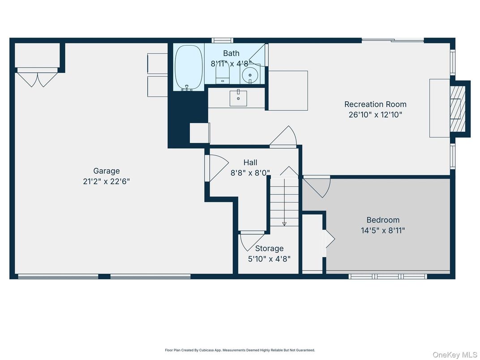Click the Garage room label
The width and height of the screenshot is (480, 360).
[107, 171]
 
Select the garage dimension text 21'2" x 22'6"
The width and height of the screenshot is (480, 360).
[107, 181]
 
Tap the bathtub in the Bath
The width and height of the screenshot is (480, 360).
[188, 67]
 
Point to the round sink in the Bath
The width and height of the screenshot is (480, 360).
[251, 74]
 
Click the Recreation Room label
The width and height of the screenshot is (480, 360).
[375, 104]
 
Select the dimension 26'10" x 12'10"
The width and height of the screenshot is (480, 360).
[375, 115]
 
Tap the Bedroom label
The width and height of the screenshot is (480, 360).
[383, 220]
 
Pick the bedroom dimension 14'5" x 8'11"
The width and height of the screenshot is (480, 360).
[383, 231]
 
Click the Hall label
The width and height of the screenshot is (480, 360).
[250, 162]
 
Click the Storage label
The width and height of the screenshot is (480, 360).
[269, 248]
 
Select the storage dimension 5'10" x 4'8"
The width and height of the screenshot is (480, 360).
[269, 258]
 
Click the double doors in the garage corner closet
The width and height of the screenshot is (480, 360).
[37, 78]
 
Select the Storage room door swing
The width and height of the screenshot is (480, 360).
[249, 241]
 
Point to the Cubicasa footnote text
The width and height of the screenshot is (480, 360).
[240, 350]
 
